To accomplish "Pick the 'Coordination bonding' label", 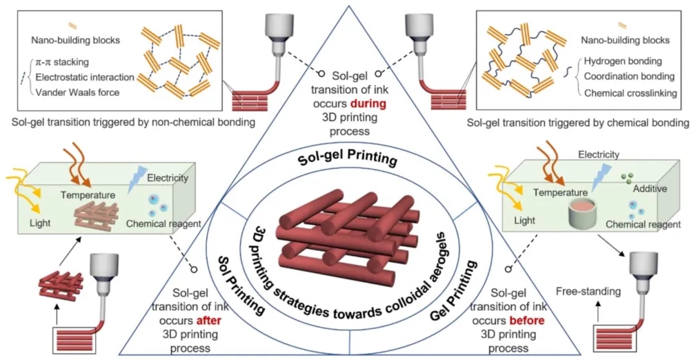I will pyautogui.click(x=629, y=78).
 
